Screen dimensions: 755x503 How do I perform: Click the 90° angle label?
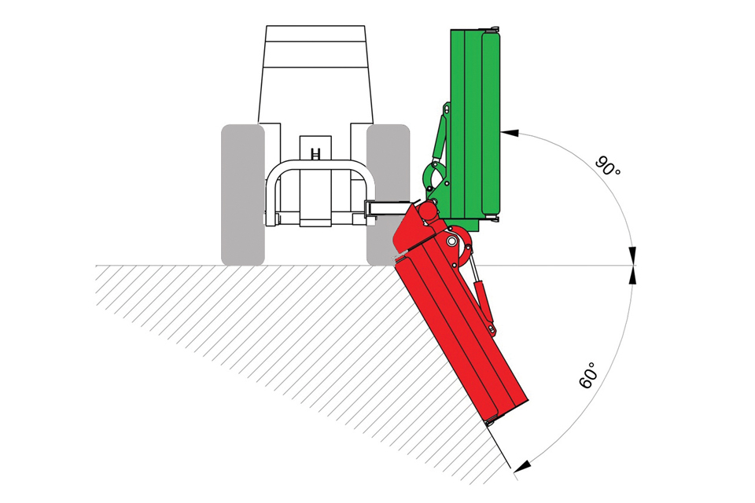(x=608, y=166)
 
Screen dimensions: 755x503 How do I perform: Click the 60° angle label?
(x=587, y=375)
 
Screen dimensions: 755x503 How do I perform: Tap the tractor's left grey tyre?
(x=242, y=195)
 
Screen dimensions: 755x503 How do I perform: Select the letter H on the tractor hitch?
(x=315, y=153)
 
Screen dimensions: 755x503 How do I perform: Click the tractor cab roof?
(x=315, y=35)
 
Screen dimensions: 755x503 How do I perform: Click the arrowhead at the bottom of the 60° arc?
(x=522, y=466)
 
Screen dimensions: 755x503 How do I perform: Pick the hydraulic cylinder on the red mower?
(x=482, y=296)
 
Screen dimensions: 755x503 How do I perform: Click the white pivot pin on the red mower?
(x=451, y=240)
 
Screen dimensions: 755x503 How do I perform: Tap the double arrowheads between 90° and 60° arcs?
(x=632, y=265)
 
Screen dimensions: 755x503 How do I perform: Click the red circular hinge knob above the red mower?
(x=426, y=211)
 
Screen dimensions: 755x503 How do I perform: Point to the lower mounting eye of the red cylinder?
(x=491, y=329)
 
